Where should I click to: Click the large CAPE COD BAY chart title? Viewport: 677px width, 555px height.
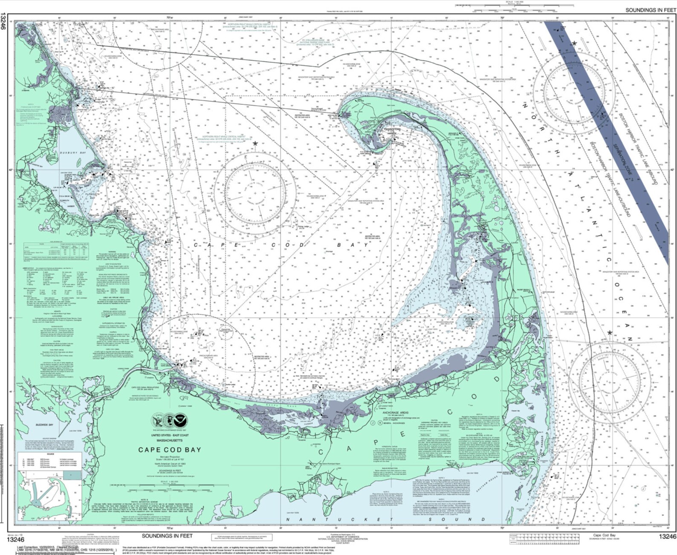[169, 450]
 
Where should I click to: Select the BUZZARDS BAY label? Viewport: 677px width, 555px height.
[45, 425]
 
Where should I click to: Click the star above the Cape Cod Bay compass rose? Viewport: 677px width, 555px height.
[255, 144]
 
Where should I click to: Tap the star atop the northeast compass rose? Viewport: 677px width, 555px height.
[574, 43]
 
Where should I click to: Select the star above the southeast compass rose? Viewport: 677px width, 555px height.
[610, 333]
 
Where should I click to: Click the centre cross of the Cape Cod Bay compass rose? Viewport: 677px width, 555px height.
[255, 193]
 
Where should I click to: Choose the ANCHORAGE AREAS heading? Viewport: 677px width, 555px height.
[395, 413]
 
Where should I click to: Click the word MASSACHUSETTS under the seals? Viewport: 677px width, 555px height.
[169, 440]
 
